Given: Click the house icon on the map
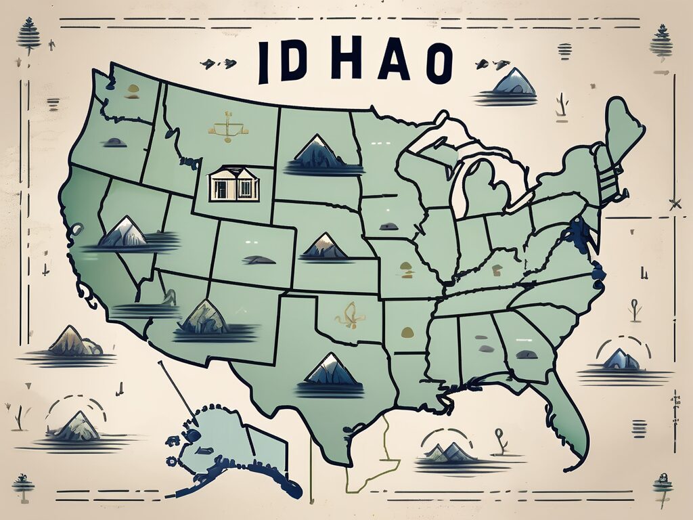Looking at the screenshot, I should [233, 184].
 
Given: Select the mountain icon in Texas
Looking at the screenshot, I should [330, 371].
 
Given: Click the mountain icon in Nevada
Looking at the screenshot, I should [123, 233].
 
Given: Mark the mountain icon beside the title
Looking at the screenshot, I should [514, 83].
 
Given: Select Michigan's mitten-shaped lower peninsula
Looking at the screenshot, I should [485, 186].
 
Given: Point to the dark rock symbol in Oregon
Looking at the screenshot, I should [114, 143].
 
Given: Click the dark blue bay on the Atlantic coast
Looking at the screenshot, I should [577, 234].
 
